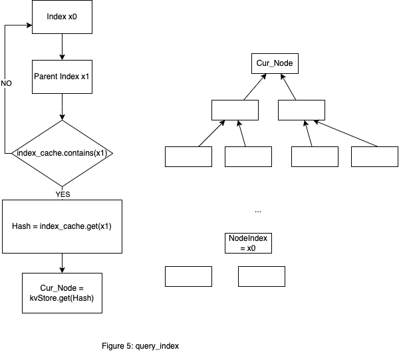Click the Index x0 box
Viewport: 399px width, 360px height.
point(62,17)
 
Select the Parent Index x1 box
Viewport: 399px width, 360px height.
point(62,77)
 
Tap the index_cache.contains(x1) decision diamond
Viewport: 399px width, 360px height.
point(62,153)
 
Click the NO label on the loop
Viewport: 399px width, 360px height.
point(6,83)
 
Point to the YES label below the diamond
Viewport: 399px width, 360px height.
point(63,194)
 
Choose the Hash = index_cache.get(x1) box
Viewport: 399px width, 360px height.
point(62,226)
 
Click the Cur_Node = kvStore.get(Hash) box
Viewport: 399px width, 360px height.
point(62,292)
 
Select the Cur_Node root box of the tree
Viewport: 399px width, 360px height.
point(275,64)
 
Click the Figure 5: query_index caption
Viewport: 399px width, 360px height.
point(140,346)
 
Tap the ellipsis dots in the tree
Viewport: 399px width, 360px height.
point(258,211)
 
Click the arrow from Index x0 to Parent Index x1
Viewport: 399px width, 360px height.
point(62,47)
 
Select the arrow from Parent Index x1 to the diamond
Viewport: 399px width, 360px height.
point(62,106)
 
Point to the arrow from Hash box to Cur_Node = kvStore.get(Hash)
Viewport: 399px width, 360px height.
point(62,263)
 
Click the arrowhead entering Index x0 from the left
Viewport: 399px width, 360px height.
point(30,27)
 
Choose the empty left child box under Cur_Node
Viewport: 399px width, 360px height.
point(235,110)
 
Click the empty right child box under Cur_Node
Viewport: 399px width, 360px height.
point(301,110)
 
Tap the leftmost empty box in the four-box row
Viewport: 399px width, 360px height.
point(188,156)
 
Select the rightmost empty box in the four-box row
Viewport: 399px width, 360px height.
point(374,156)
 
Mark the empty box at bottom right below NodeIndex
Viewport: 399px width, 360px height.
point(261,276)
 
